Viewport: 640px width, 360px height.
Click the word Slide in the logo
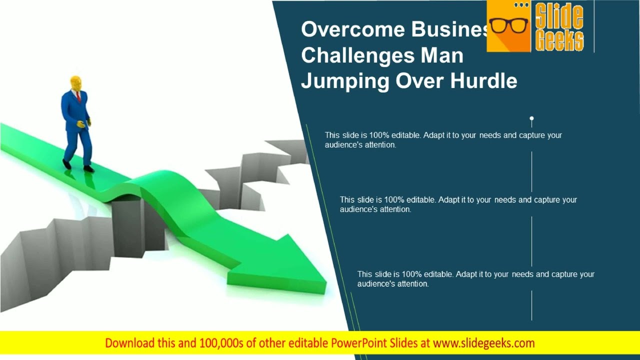point(559,17)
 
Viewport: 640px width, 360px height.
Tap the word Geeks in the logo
point(559,41)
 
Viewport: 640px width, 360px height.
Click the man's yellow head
point(76,83)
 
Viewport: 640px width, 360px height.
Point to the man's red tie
point(78,96)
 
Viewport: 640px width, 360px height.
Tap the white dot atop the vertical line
point(531,119)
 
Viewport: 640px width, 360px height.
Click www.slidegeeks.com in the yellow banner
point(483,343)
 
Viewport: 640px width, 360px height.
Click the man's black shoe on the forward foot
point(89,169)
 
